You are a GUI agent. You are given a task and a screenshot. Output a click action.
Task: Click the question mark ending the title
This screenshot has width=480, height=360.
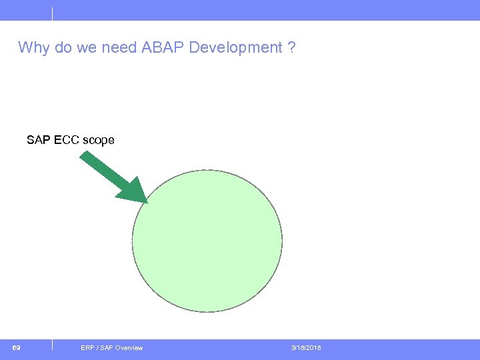(x=292, y=48)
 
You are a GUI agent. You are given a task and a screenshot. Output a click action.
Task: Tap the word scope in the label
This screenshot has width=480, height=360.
(x=98, y=141)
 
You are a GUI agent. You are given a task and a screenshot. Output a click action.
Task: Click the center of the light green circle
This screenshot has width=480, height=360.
(x=207, y=240)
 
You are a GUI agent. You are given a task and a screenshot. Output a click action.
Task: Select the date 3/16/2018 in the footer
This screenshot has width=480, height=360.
(x=306, y=348)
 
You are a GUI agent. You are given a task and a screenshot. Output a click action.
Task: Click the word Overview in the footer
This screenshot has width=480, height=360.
(x=129, y=348)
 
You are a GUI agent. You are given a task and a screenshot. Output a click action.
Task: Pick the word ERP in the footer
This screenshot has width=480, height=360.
(x=87, y=348)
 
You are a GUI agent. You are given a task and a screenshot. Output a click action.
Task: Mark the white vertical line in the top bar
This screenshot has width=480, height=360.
(x=52, y=13)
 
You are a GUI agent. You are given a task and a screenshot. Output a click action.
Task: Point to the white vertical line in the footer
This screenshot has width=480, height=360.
(x=52, y=345)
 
